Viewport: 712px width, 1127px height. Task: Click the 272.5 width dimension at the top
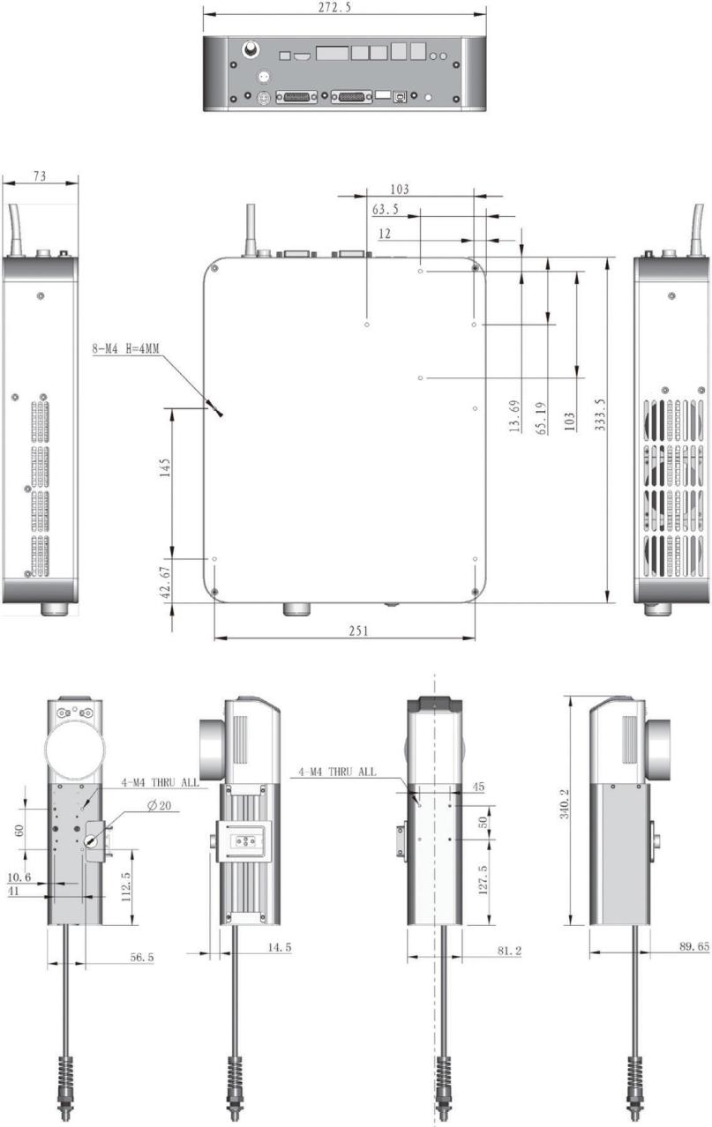(334, 7)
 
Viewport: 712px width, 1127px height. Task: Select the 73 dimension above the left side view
(40, 175)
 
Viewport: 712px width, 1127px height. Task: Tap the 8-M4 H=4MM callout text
(126, 348)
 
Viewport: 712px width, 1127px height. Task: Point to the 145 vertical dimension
(165, 467)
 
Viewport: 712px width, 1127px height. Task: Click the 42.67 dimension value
(165, 582)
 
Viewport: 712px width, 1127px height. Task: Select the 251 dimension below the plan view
(358, 631)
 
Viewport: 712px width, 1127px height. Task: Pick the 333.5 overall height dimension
(600, 414)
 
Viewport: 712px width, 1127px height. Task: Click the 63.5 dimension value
(386, 209)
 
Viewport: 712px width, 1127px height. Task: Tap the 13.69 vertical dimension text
(514, 416)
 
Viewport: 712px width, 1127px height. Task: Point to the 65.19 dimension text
(541, 418)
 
